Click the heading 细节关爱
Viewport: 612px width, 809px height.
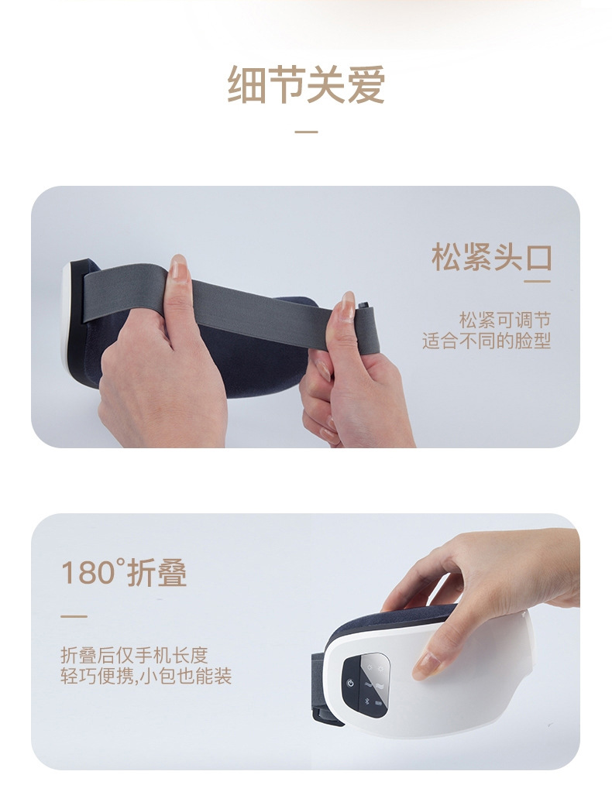306,85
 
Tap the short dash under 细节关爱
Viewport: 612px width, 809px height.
306,132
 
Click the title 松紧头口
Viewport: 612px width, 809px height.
491,257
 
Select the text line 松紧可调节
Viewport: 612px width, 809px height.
504,320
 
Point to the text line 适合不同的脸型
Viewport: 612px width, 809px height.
486,341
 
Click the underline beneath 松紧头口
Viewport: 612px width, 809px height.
537,281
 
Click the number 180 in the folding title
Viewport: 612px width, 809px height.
87,574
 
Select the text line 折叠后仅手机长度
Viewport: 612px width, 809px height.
134,655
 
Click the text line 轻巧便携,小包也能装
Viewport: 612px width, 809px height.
146,676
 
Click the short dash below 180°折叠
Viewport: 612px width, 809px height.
74,616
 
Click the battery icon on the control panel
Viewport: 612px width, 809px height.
380,704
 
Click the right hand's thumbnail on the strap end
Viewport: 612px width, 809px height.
347,305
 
